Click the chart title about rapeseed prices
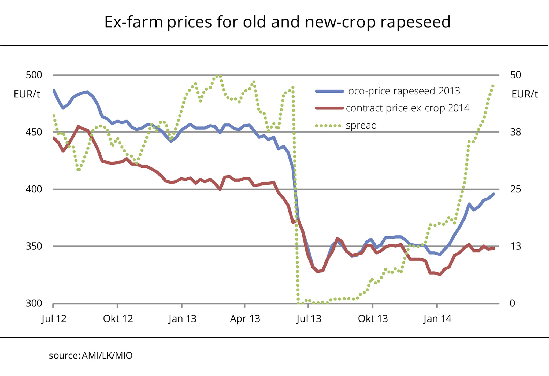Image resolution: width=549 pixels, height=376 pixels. click(277, 22)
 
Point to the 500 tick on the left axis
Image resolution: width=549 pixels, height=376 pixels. click(34, 75)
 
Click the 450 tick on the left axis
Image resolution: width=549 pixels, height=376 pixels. click(34, 132)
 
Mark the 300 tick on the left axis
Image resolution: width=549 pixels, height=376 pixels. click(34, 303)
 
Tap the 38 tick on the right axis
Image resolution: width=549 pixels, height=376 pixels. click(515, 132)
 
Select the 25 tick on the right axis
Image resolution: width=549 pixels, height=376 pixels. click(515, 189)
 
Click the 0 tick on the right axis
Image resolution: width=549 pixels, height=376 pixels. click(512, 303)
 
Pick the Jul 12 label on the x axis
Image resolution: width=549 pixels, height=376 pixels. click(54, 319)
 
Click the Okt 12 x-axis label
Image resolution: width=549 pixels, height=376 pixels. click(118, 319)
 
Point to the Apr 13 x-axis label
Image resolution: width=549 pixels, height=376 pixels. click(245, 319)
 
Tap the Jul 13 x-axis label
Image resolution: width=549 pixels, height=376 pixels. click(309, 319)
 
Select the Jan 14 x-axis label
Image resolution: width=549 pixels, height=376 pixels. click(437, 319)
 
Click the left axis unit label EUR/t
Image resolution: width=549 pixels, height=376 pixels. click(27, 94)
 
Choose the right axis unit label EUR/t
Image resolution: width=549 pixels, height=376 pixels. click(525, 94)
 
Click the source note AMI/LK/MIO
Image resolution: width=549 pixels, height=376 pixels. click(91, 356)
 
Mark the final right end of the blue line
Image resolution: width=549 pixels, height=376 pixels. click(494, 194)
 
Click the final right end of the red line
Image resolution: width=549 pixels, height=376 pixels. click(494, 248)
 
